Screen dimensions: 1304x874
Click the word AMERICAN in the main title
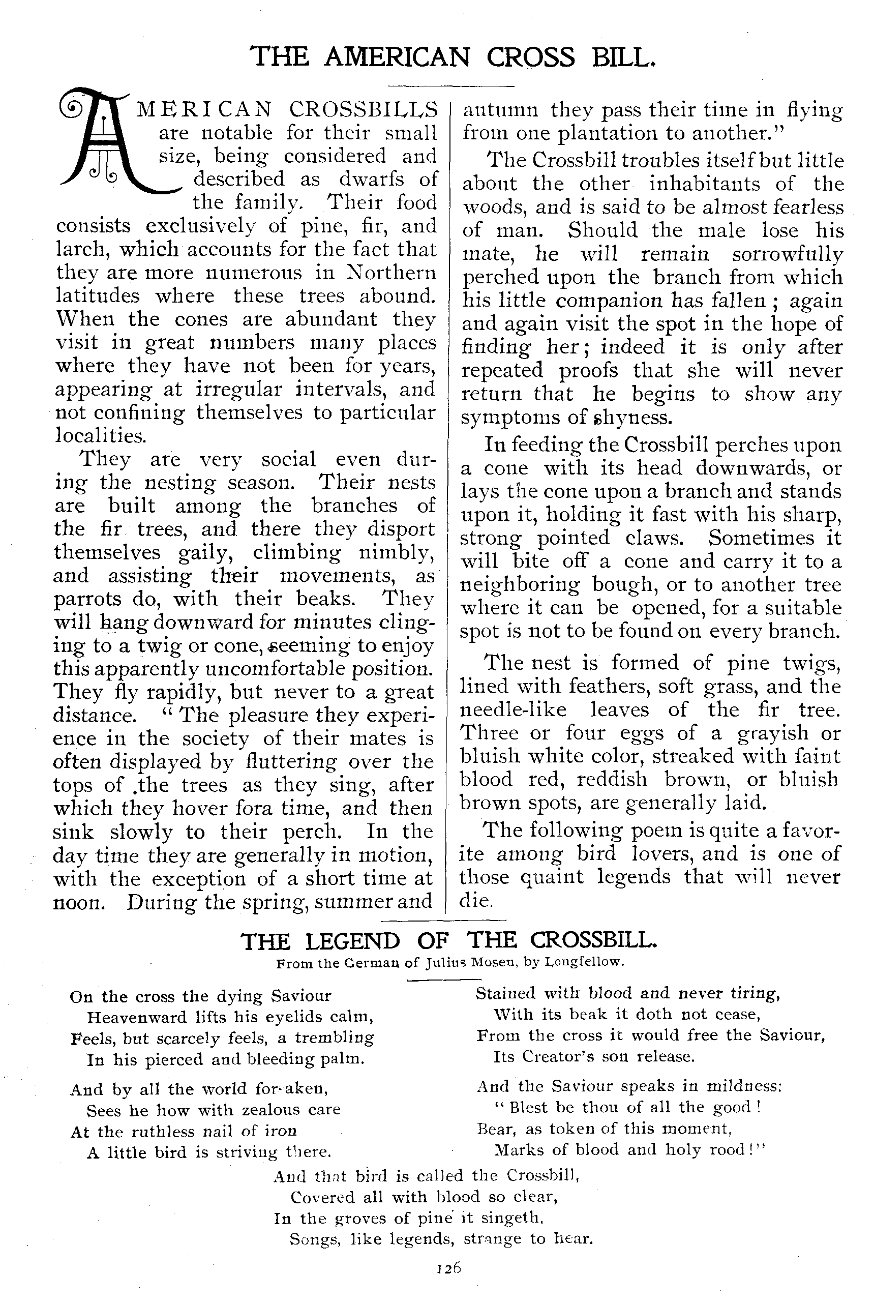397,57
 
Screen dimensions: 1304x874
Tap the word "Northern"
391,272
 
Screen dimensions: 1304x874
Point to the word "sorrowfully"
787,254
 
